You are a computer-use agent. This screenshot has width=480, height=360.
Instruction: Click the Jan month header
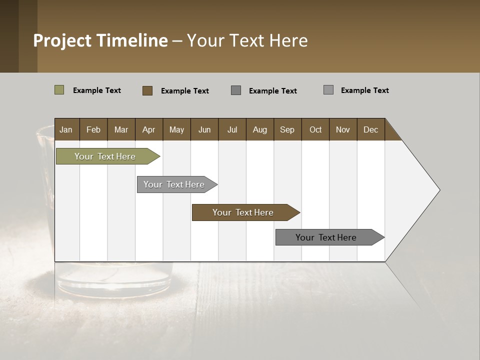(x=66, y=129)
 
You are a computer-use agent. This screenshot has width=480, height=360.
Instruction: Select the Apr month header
(x=148, y=129)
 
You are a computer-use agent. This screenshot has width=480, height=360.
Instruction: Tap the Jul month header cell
(x=232, y=129)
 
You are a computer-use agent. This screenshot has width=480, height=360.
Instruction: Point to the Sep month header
(x=287, y=129)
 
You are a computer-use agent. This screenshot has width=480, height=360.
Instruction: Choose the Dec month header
(x=370, y=129)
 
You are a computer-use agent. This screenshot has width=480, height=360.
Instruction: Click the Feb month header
(x=93, y=129)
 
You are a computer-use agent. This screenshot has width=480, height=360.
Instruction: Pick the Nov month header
(x=342, y=129)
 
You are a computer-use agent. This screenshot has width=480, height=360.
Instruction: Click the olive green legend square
(x=59, y=90)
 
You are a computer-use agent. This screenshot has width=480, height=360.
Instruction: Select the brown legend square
(x=147, y=90)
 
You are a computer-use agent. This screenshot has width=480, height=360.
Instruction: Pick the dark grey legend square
(x=236, y=90)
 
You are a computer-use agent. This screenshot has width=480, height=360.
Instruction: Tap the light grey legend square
(x=328, y=90)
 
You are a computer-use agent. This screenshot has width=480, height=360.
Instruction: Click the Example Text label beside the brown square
(x=184, y=91)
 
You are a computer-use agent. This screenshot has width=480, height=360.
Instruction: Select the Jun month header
(x=204, y=129)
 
